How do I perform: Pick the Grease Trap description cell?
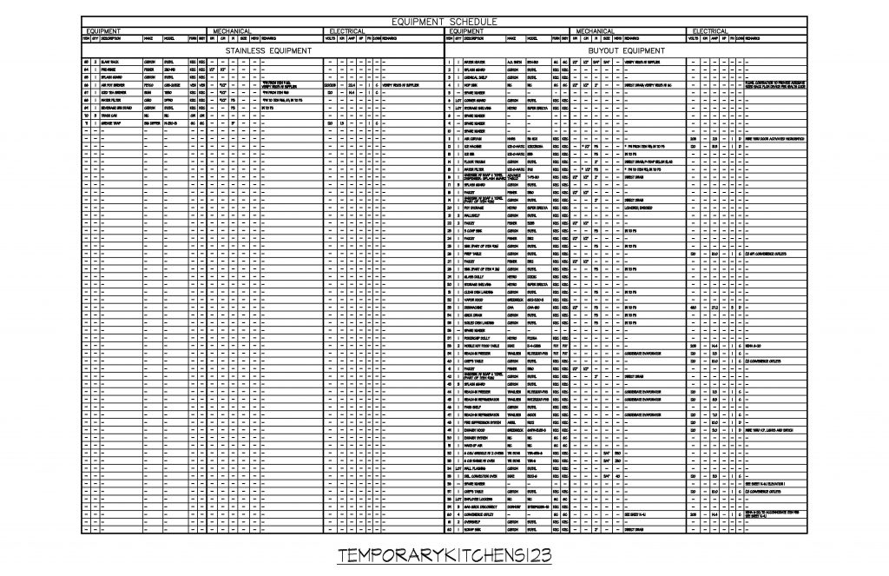pos(112,123)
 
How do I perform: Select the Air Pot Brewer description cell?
pos(113,85)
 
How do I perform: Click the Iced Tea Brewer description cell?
pos(114,92)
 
